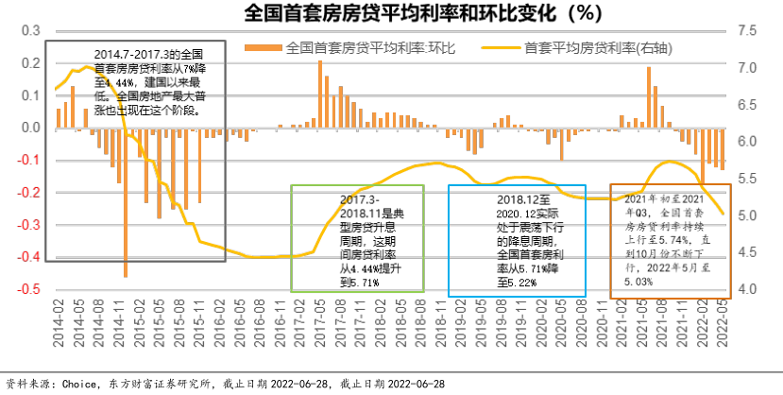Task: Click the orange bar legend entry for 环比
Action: click(349, 46)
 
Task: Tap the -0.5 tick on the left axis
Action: click(29, 288)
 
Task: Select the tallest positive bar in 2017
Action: click(320, 94)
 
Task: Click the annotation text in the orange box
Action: click(667, 241)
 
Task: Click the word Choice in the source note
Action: click(79, 384)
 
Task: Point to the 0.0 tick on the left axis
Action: click(31, 128)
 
